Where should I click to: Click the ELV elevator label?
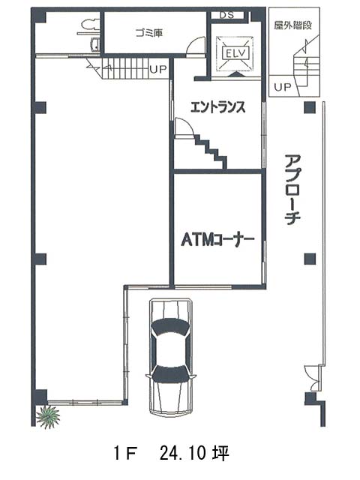235,54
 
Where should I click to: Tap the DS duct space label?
226,15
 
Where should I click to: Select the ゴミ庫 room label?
149,32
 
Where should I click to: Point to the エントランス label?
217,107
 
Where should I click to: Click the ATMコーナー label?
217,240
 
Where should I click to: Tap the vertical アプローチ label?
292,190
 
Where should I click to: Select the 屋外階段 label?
293,25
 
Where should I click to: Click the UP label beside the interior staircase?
158,69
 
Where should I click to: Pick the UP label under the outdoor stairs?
282,87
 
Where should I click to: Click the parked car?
170,357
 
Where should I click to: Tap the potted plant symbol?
48,416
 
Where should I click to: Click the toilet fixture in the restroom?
90,25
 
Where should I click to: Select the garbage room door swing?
196,46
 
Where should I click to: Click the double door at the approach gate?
314,378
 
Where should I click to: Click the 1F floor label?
125,454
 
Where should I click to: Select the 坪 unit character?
221,453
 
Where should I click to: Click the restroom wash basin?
95,45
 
